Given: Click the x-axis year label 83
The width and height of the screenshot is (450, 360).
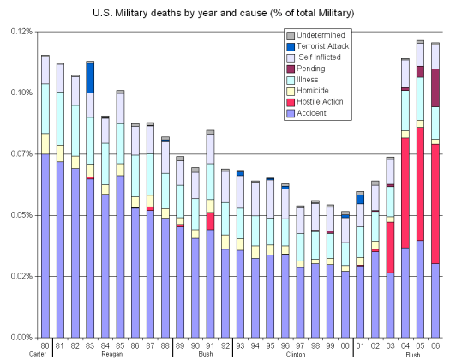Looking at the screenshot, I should coord(90,345).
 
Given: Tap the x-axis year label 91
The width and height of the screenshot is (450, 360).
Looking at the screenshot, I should coord(210,345).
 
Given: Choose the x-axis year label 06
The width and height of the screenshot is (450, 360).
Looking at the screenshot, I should coord(435,345).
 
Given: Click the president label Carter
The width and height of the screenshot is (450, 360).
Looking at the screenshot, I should coord(38,353).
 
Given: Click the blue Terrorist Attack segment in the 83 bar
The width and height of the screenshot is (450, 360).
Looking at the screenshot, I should coord(90,77).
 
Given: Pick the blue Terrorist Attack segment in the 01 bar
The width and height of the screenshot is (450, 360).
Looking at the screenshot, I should coord(360,199).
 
